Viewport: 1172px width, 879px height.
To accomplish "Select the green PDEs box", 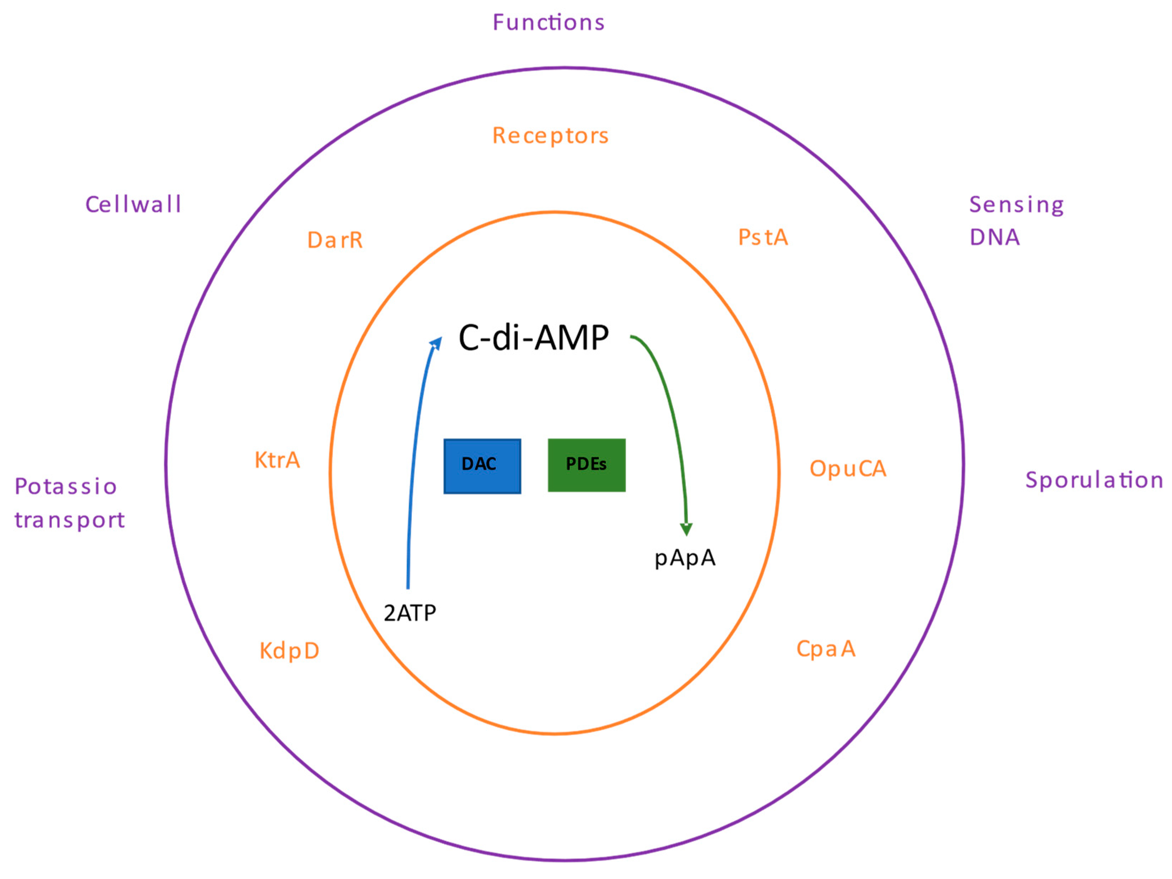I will pos(586,465).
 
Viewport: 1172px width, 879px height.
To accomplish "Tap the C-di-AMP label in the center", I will pos(533,338).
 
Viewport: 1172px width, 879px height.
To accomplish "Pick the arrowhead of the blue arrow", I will pos(436,342).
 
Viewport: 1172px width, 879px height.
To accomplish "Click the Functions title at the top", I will pos(548,23).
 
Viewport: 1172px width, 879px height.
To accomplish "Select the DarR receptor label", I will pos(335,240).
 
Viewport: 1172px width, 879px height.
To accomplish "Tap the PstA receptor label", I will pos(763,237).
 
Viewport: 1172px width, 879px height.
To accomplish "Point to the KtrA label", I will pos(277,460).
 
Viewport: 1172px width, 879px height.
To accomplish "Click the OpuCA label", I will pos(847,469).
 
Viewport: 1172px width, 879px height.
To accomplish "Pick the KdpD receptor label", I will pos(289,651).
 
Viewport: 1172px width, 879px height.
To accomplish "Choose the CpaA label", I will pos(826,649).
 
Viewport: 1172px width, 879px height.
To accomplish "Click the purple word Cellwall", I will pos(133,205).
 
